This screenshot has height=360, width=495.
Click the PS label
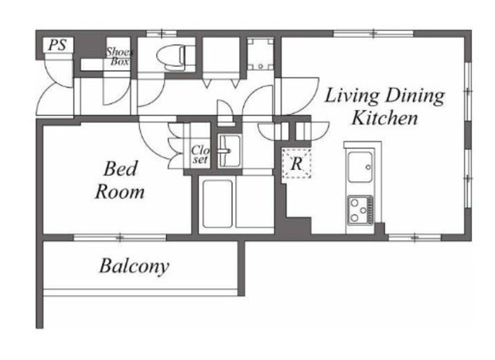pos(57,45)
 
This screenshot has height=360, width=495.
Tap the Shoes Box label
pos(120,57)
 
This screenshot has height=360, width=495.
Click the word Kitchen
pos(384,118)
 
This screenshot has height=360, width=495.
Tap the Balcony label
pos(134,266)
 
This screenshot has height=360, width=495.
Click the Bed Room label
pos(120,180)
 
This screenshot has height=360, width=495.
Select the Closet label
pos(200,154)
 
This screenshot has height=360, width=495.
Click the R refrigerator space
pos(296,163)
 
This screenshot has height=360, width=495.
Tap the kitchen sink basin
pos(360,167)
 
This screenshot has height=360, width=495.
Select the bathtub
pos(217,204)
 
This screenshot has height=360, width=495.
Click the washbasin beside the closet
pos(230,151)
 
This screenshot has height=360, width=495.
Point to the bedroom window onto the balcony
pos(120,238)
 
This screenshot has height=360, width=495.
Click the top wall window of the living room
pos(374,33)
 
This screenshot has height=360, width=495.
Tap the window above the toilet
pos(162,33)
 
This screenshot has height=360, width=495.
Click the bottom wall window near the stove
pos(415,238)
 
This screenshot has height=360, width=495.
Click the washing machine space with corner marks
pos(261,53)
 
